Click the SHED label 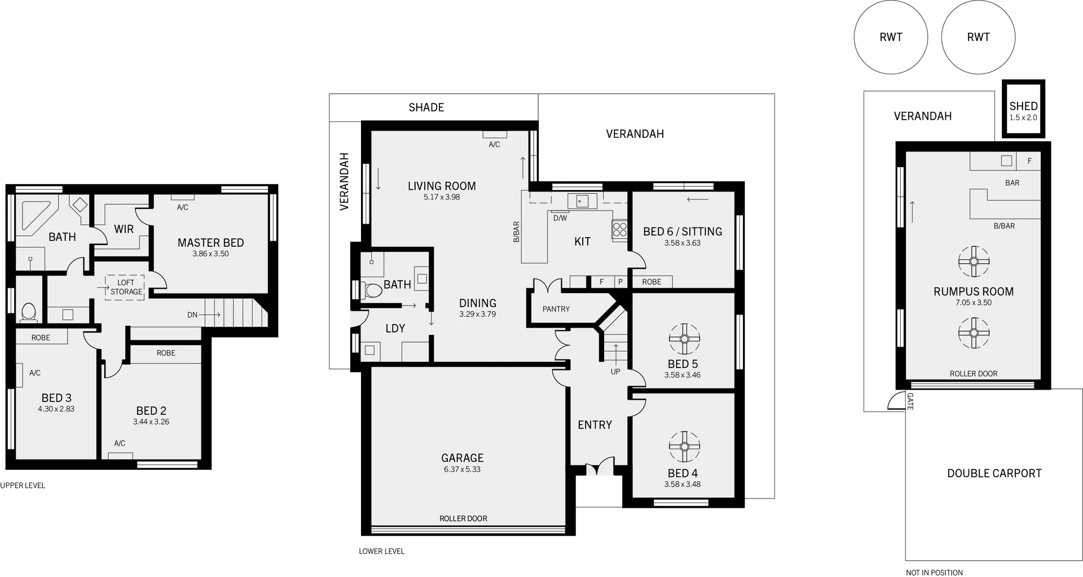[1023, 106]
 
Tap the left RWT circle [891, 37]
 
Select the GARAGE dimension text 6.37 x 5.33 [462, 469]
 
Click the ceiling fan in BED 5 [684, 339]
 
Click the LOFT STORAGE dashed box [125, 287]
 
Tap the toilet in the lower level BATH [372, 290]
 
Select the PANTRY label [556, 309]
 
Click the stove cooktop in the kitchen [619, 229]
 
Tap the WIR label [124, 229]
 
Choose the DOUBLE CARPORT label [994, 474]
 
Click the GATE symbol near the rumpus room [897, 401]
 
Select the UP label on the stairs [615, 371]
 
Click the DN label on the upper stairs [192, 315]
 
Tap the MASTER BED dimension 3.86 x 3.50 [210, 254]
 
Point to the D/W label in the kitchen [560, 218]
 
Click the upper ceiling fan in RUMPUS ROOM [974, 261]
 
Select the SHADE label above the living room [426, 107]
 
